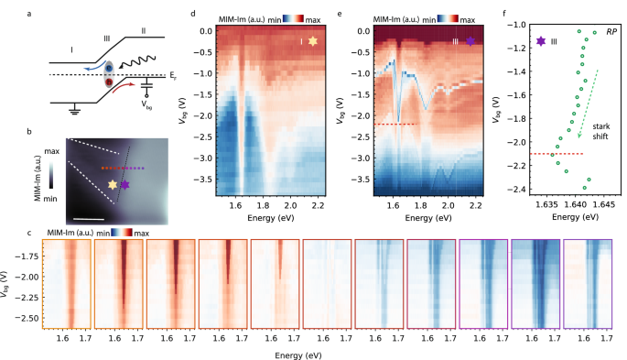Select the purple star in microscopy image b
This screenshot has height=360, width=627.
click(x=125, y=186)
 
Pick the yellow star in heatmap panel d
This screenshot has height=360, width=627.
click(x=314, y=41)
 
